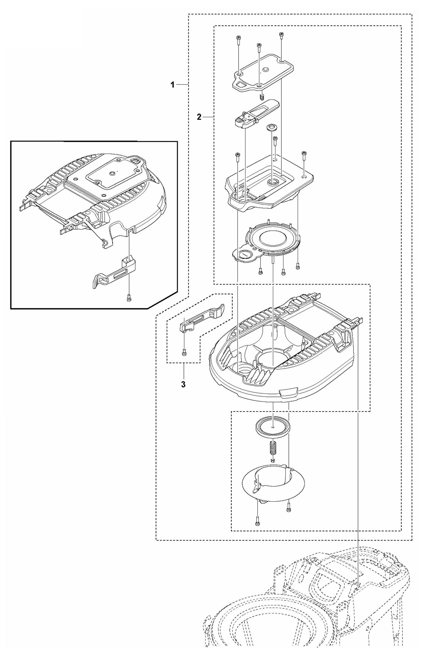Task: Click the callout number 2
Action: click(x=199, y=117)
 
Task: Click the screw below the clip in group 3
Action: click(x=184, y=352)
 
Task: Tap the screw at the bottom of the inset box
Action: click(x=129, y=300)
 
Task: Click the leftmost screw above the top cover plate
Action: click(x=238, y=39)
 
